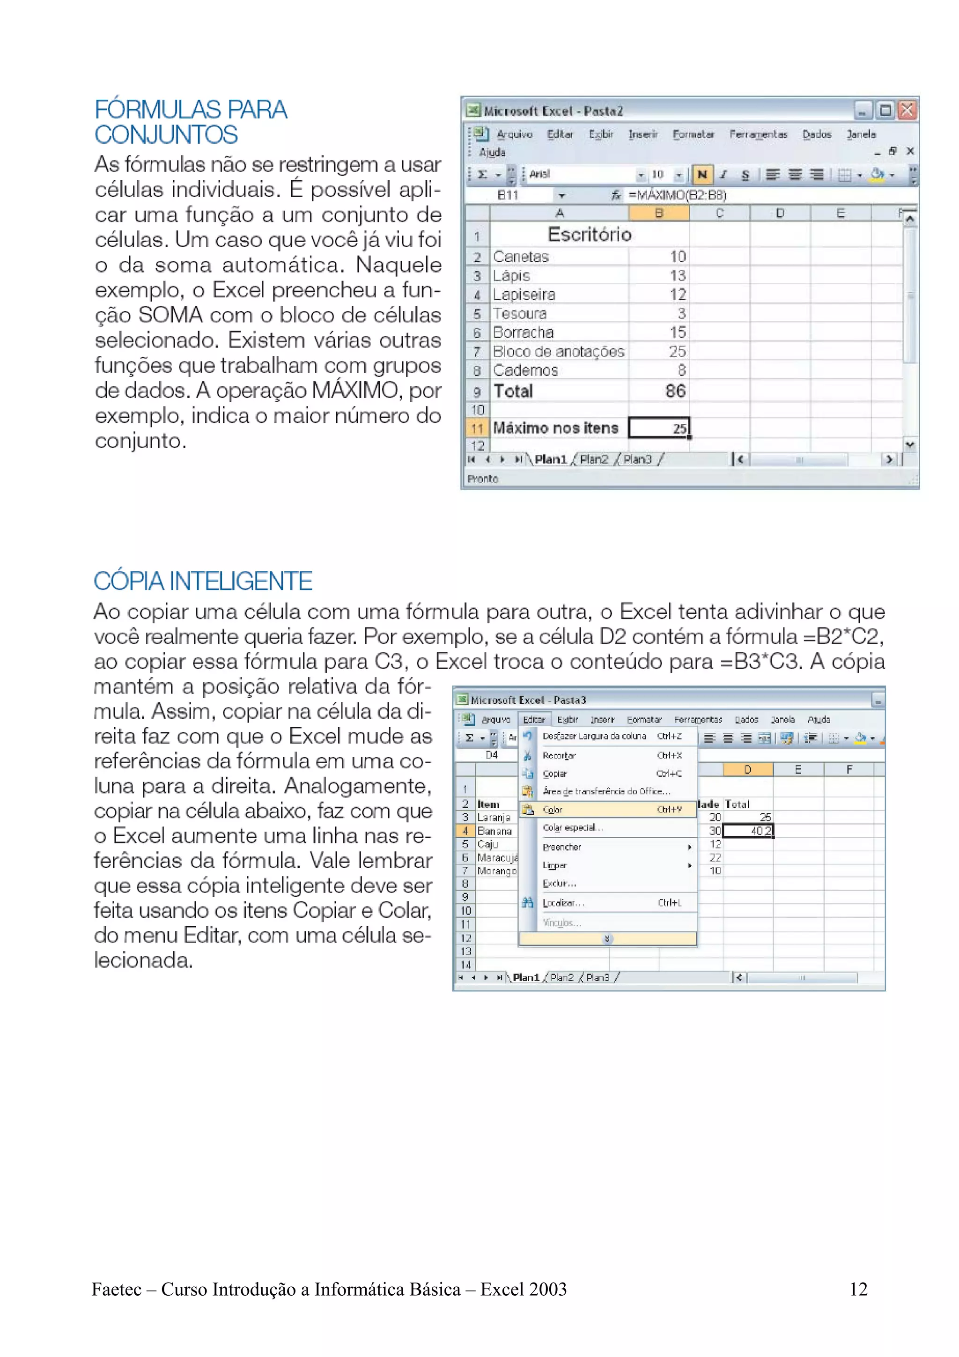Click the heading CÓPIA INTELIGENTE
point(203,581)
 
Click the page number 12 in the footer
point(858,1289)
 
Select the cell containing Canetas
point(521,257)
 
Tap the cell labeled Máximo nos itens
point(555,428)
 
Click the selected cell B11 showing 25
point(659,428)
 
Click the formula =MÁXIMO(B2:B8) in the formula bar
point(677,195)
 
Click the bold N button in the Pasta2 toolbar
point(702,174)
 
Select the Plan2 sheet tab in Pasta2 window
point(593,459)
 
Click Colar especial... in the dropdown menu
point(573,827)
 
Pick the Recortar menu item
point(559,755)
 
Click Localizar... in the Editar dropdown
point(563,902)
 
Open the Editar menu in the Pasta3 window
point(533,719)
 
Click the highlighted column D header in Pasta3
point(747,769)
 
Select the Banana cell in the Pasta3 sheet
point(494,831)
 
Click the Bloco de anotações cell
point(558,352)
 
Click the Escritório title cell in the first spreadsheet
point(589,235)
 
